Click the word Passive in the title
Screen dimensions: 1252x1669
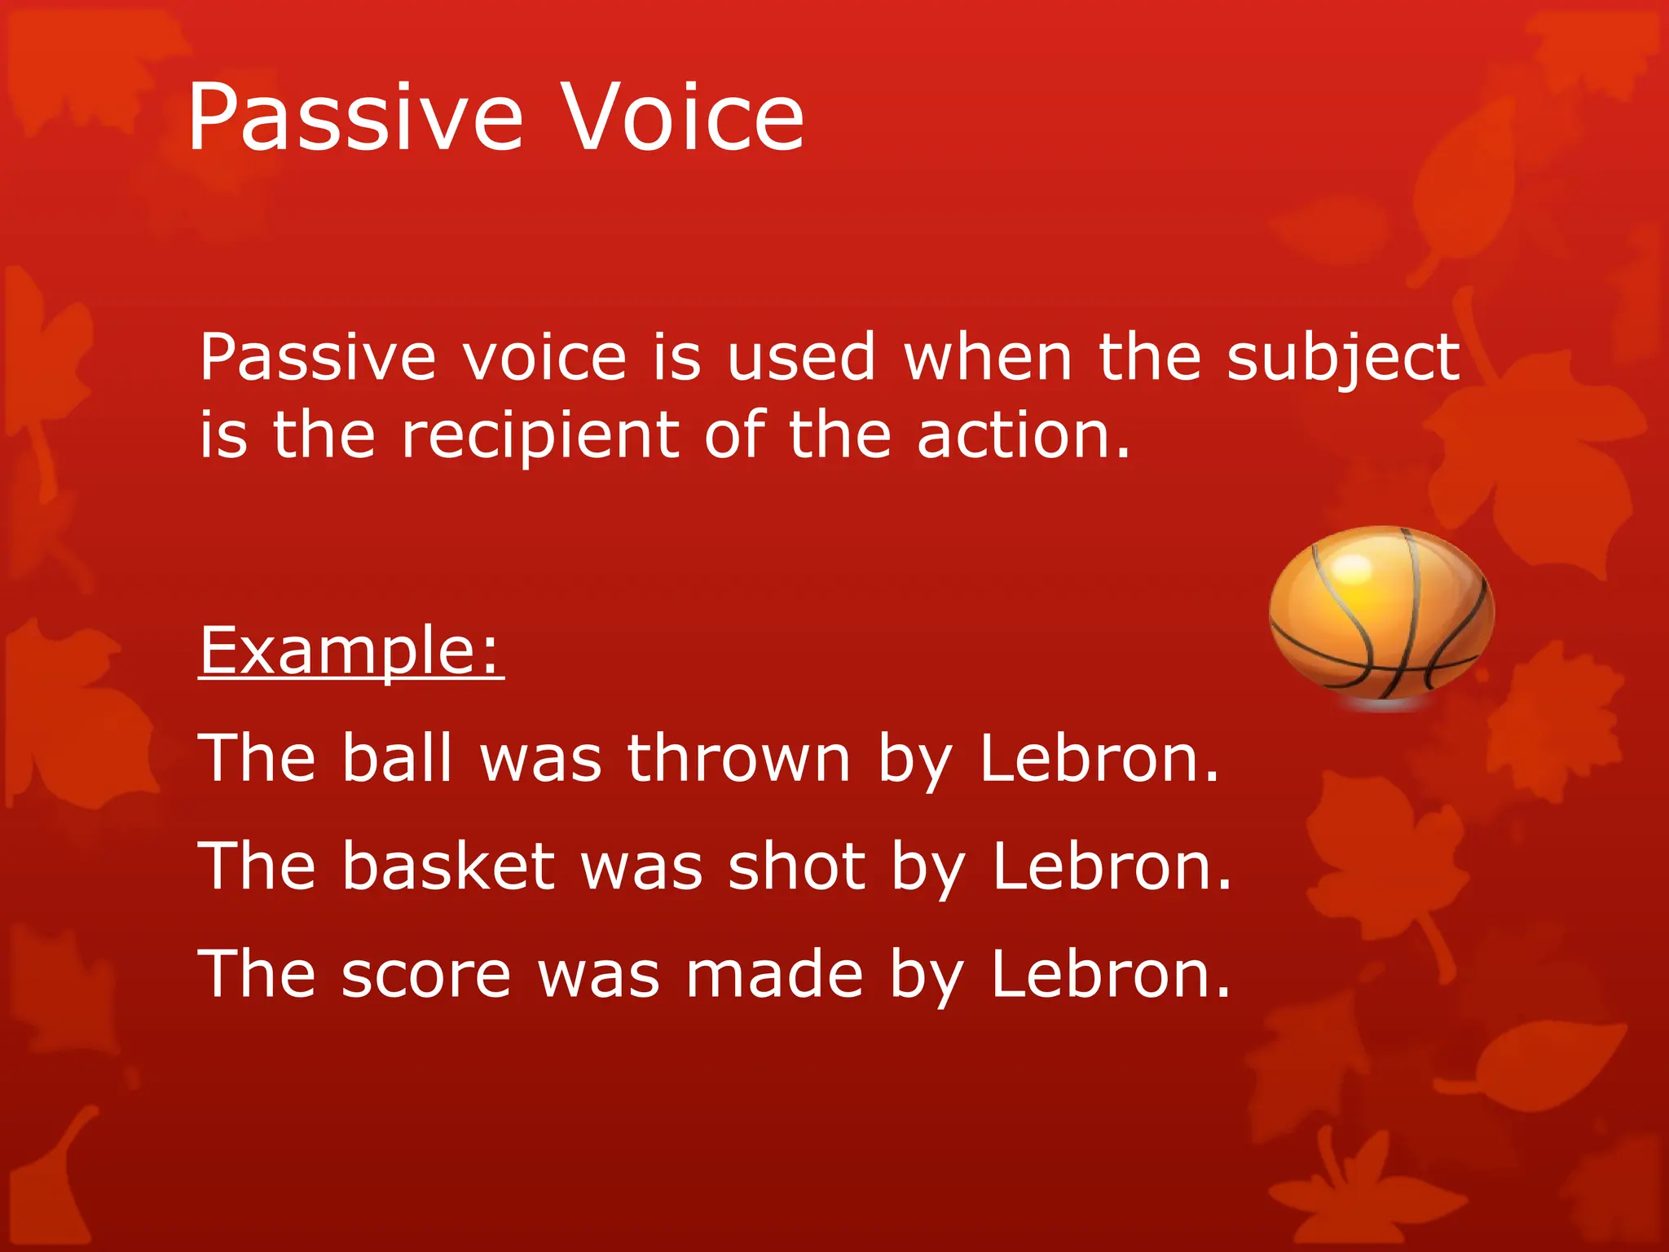354,118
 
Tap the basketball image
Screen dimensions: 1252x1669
1381,615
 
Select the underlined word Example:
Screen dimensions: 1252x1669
351,652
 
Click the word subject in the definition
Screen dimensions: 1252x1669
1343,359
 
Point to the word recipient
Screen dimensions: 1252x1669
540,436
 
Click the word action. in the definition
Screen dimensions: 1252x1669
1024,436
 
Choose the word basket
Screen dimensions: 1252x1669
447,866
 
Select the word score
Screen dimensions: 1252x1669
425,975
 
